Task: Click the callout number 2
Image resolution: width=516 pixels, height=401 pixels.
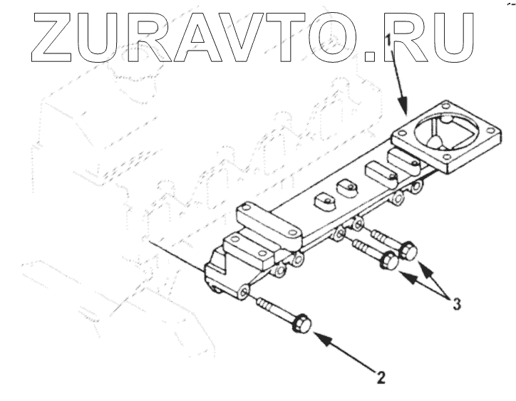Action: pyautogui.click(x=383, y=377)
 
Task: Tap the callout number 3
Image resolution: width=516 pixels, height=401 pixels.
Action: pyautogui.click(x=457, y=305)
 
